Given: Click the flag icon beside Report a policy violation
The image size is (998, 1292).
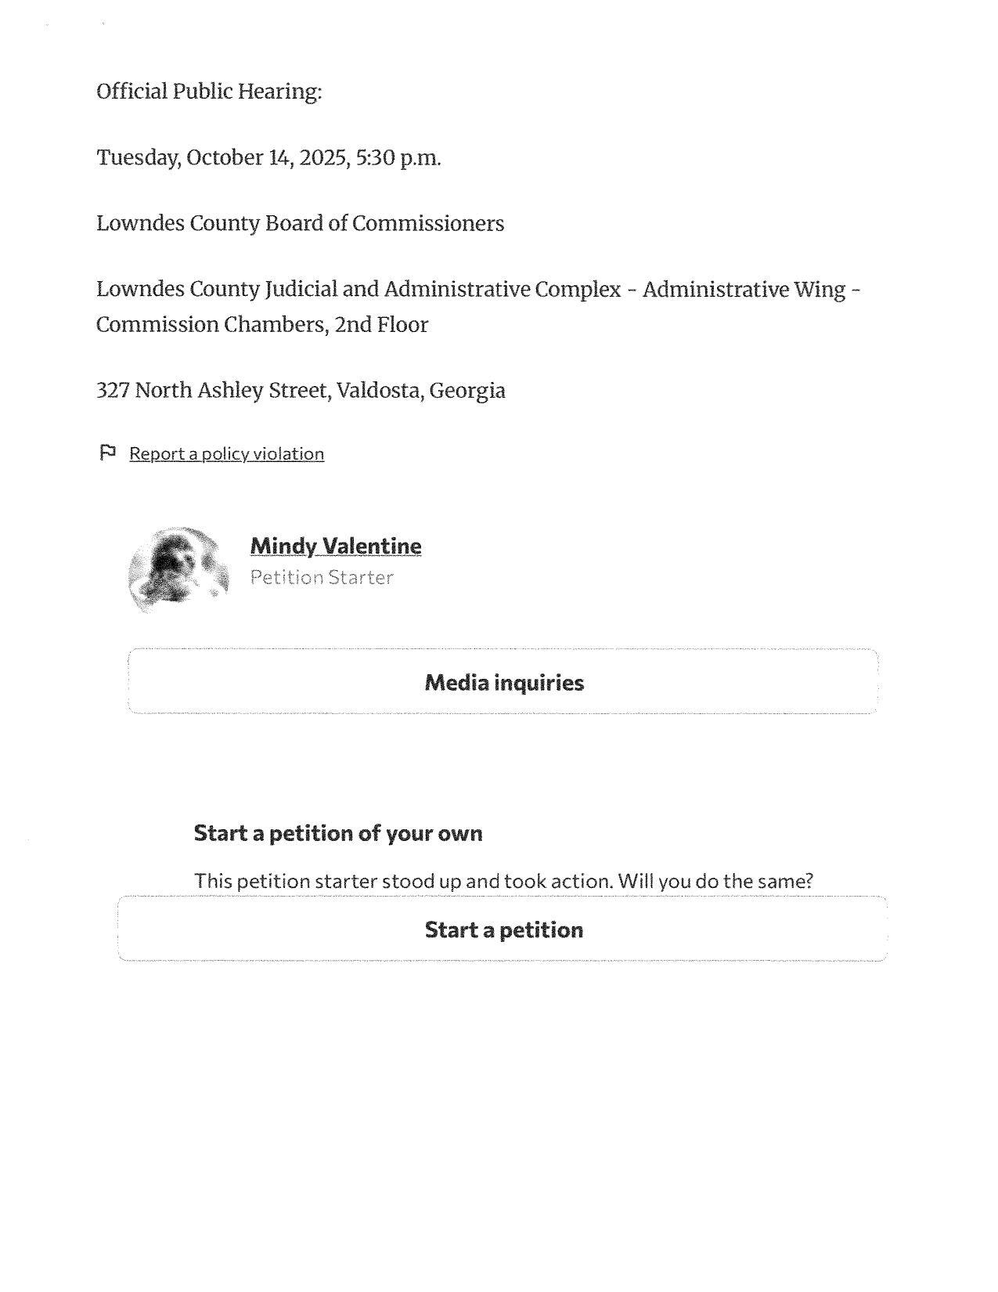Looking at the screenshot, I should pyautogui.click(x=108, y=453).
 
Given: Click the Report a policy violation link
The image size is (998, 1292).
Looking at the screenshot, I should pyautogui.click(x=226, y=453).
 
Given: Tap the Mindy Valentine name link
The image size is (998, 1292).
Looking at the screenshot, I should pyautogui.click(x=335, y=546).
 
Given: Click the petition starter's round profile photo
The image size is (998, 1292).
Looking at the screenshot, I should pyautogui.click(x=179, y=569).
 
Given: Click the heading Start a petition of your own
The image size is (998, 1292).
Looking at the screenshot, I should pyautogui.click(x=338, y=832).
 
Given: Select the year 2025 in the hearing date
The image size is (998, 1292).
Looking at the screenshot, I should pyautogui.click(x=323, y=158).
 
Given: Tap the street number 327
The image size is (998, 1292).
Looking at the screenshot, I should pyautogui.click(x=113, y=390).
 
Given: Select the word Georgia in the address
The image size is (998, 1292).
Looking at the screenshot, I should pyautogui.click(x=467, y=391).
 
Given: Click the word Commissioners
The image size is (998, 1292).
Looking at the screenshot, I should pyautogui.click(x=428, y=224).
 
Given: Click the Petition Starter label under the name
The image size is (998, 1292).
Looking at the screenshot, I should pyautogui.click(x=321, y=578).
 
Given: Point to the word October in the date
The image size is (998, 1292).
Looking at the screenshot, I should pyautogui.click(x=225, y=158).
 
